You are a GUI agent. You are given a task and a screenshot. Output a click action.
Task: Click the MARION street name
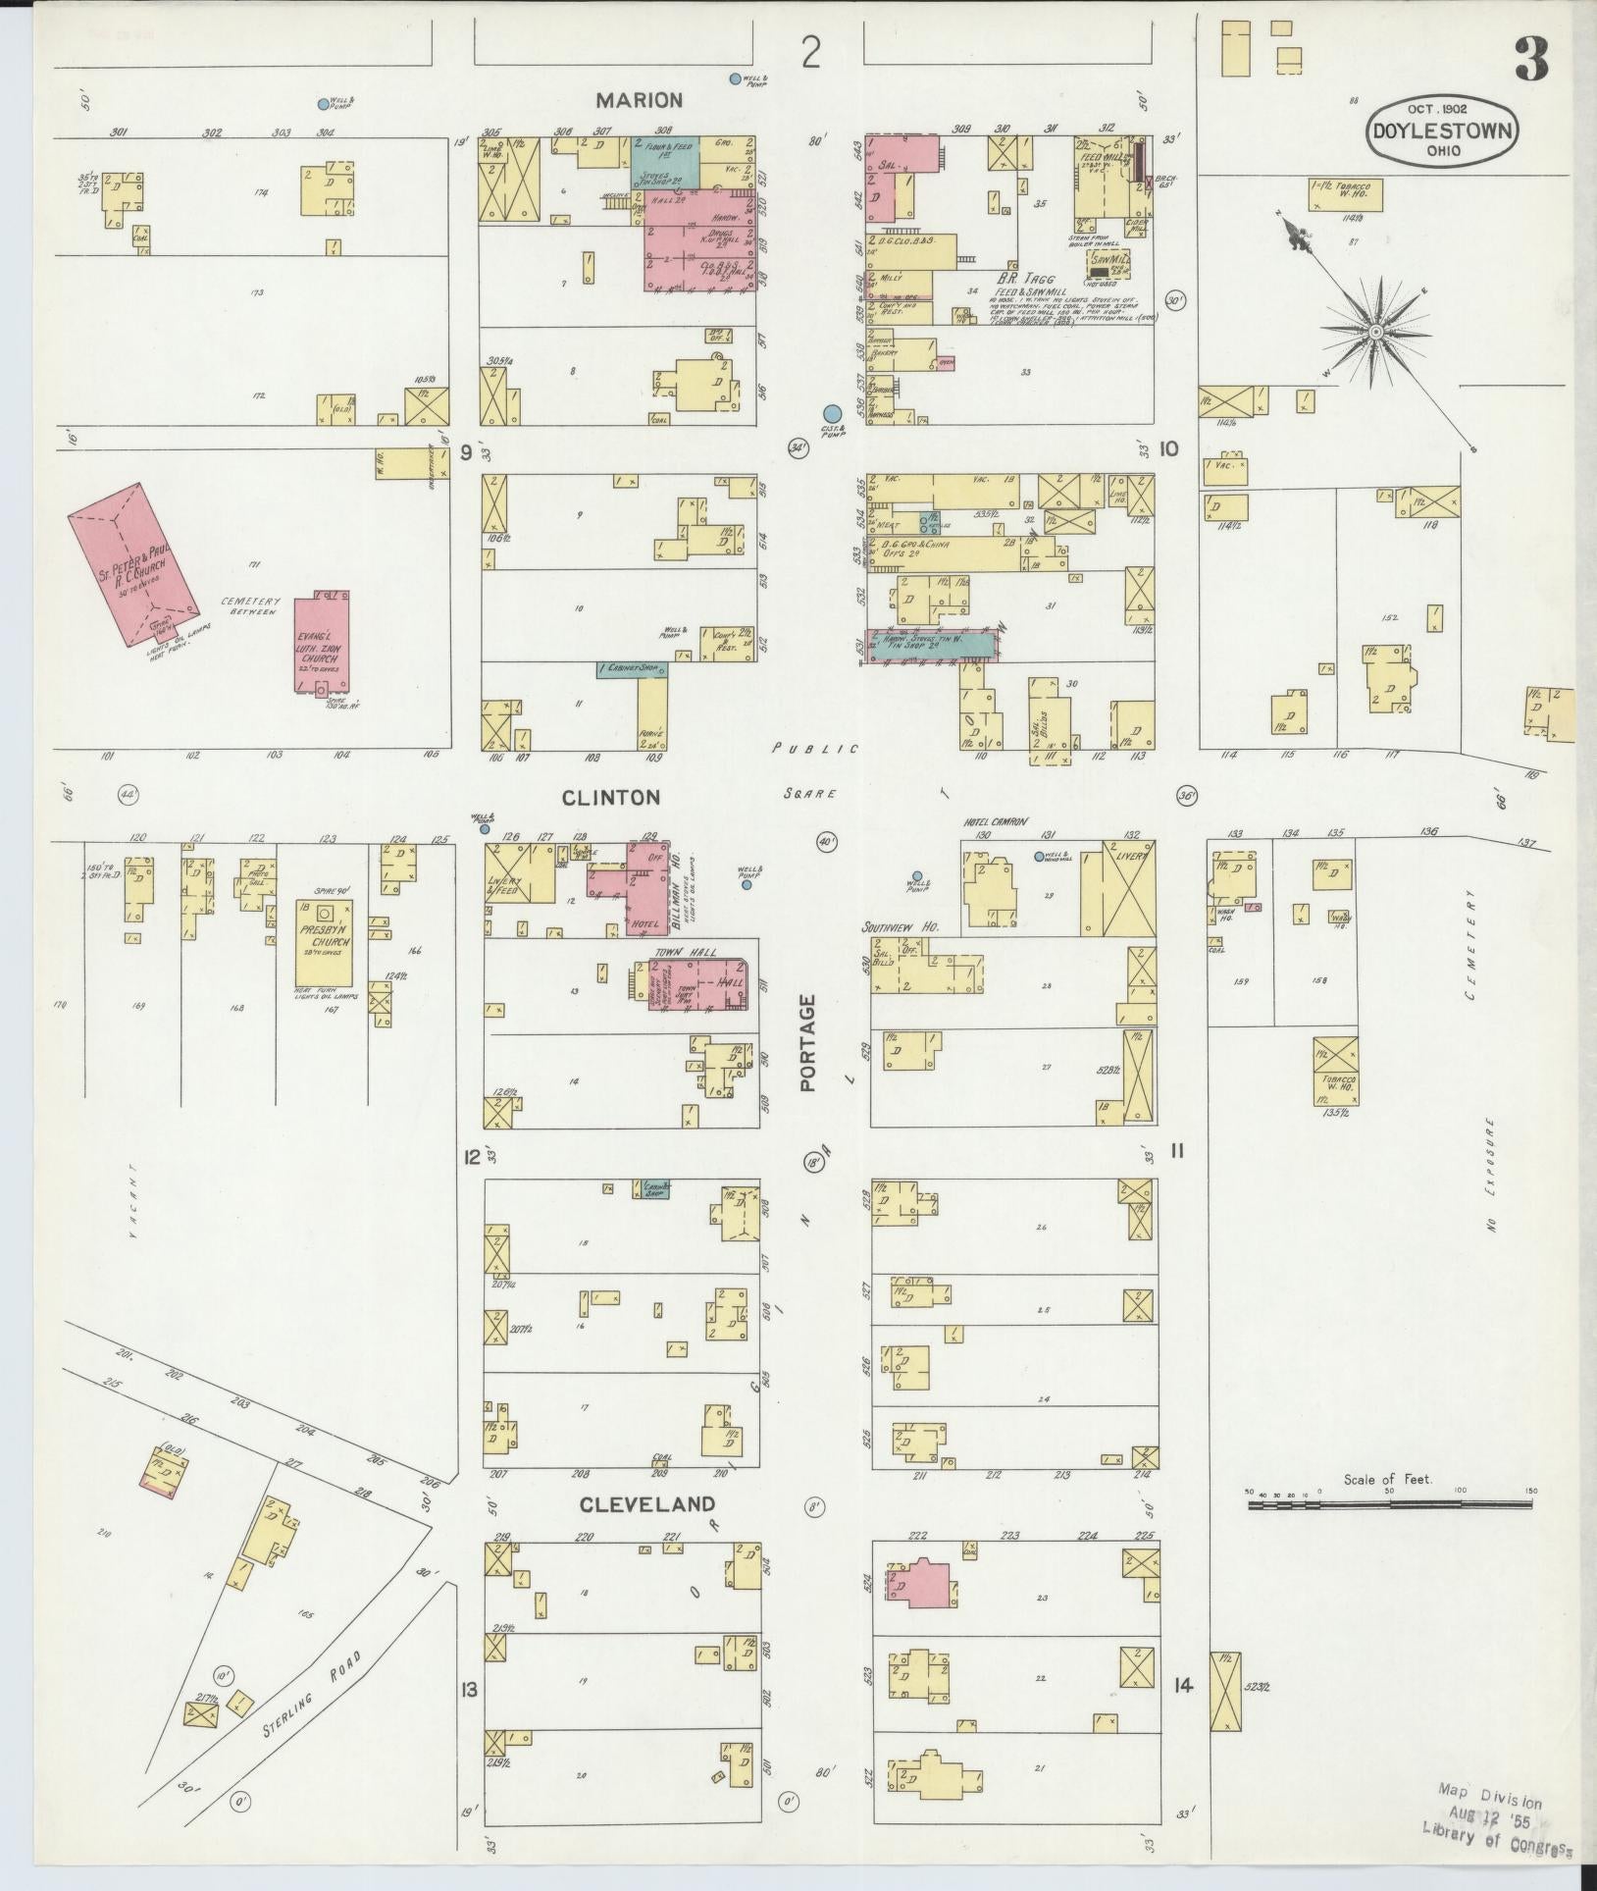coord(638,100)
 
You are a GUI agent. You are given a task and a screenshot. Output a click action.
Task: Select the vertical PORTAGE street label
coord(807,1043)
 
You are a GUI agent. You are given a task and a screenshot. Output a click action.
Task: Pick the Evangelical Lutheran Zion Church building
coord(322,642)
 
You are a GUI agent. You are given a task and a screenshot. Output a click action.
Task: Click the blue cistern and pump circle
coord(832,414)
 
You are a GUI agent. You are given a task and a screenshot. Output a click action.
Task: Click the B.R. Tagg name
coord(1024,279)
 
